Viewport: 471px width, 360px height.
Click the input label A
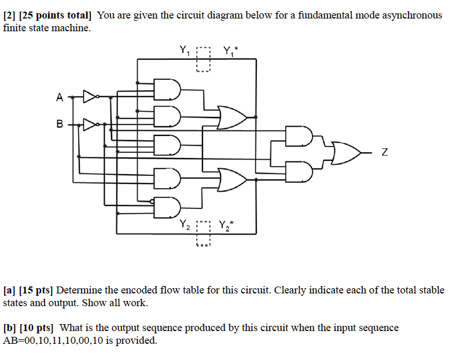pyautogui.click(x=59, y=98)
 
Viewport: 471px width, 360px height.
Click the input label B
pyautogui.click(x=59, y=124)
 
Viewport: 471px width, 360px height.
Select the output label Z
pyautogui.click(x=384, y=153)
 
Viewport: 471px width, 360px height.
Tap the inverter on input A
pyautogui.click(x=91, y=97)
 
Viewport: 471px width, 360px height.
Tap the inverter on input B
pyautogui.click(x=91, y=123)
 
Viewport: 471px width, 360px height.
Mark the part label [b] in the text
pyautogui.click(x=10, y=328)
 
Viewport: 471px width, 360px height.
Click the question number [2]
pyautogui.click(x=9, y=15)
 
